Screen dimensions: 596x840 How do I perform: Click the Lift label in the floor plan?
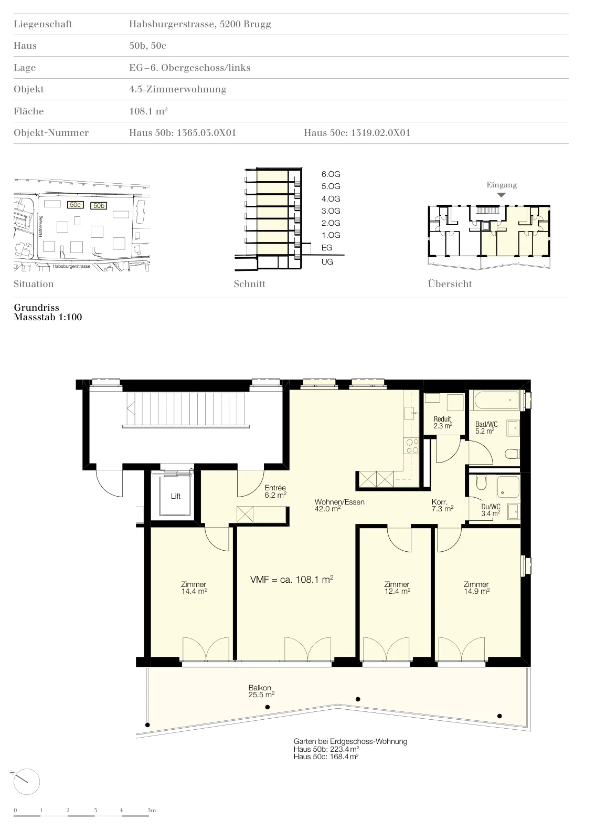[176, 496]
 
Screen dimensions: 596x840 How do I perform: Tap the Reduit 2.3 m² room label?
[443, 422]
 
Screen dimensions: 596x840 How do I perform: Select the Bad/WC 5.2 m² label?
[486, 427]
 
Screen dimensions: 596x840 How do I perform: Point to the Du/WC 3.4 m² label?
[491, 510]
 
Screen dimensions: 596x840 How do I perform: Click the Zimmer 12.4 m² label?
[397, 587]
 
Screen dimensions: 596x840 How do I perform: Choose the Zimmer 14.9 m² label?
[476, 587]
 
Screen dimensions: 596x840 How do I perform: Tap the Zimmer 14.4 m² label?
[194, 587]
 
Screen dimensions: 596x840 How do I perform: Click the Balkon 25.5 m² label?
[261, 691]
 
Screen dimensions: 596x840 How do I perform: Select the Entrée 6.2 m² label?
[275, 491]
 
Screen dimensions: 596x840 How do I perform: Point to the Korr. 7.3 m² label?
[442, 505]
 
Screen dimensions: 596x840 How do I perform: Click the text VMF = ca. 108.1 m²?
[292, 580]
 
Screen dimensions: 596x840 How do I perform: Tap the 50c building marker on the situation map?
[76, 205]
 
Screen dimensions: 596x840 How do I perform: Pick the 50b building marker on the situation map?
[99, 205]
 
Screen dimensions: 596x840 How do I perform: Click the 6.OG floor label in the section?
[331, 174]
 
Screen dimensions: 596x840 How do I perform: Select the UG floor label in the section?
[327, 262]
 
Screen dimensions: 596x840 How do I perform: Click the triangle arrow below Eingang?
[501, 195]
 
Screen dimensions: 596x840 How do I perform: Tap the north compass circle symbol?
[27, 782]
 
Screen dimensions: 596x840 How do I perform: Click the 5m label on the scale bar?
[152, 810]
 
